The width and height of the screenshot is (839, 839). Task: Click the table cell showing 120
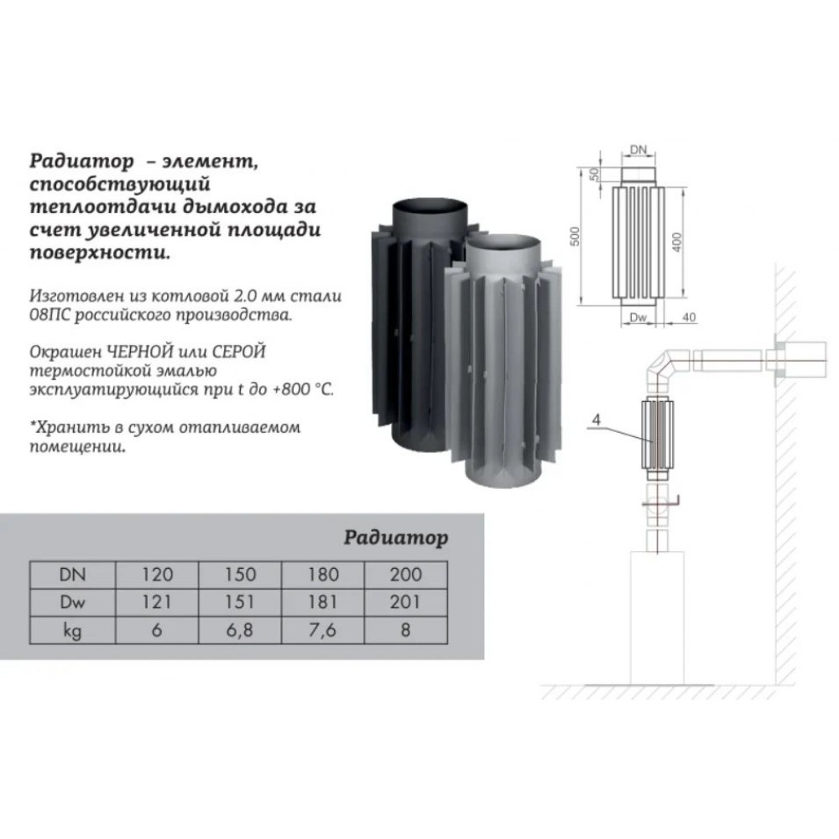[x=157, y=575]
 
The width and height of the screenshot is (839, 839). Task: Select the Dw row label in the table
[x=72, y=602]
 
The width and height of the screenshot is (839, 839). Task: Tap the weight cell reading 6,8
[x=239, y=630]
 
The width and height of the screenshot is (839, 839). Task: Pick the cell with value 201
[x=405, y=602]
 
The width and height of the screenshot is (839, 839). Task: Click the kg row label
[x=72, y=631]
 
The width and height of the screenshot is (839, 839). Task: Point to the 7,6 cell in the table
[x=322, y=630]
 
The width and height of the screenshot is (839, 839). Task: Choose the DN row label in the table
[x=72, y=575]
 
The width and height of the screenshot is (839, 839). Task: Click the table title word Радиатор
[x=395, y=537]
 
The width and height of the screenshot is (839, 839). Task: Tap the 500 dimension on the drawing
[x=575, y=236]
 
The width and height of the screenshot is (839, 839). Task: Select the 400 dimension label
[x=677, y=242]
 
